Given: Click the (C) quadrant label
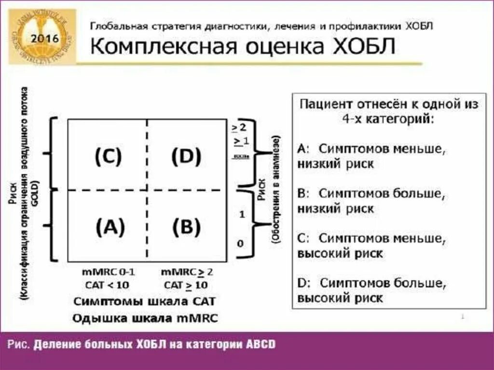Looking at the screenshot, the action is pyautogui.click(x=108, y=156).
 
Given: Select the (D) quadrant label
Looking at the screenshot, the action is pyautogui.click(x=186, y=156).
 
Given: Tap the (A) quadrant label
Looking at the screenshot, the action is pyautogui.click(x=110, y=227).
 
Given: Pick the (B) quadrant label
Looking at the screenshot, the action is pyautogui.click(x=187, y=227).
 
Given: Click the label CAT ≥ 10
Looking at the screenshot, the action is pyautogui.click(x=186, y=285).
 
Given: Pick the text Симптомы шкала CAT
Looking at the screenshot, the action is pyautogui.click(x=144, y=301).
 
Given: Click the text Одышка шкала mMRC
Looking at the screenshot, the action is pyautogui.click(x=145, y=318).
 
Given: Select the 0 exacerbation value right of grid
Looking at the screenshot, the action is pyautogui.click(x=240, y=244).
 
